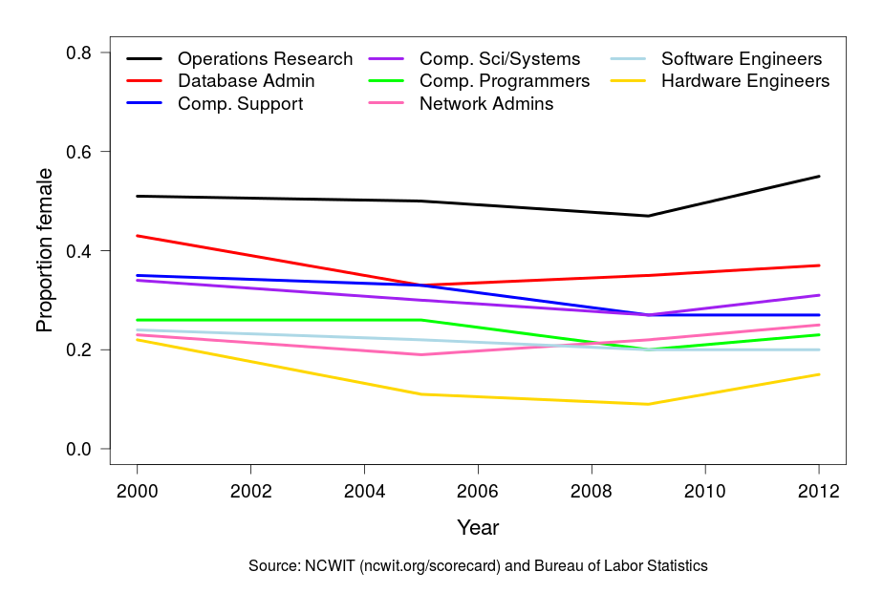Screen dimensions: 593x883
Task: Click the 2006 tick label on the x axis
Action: [478, 492]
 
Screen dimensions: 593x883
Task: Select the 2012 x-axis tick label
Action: [819, 492]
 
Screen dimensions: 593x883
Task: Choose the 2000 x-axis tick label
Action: [137, 492]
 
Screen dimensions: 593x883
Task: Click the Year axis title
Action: [478, 527]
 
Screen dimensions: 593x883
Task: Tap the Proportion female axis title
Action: [44, 250]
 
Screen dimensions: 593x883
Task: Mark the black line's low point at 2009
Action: [649, 216]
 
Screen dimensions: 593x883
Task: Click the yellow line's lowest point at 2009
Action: [649, 404]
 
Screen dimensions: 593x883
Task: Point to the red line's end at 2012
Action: [819, 265]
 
